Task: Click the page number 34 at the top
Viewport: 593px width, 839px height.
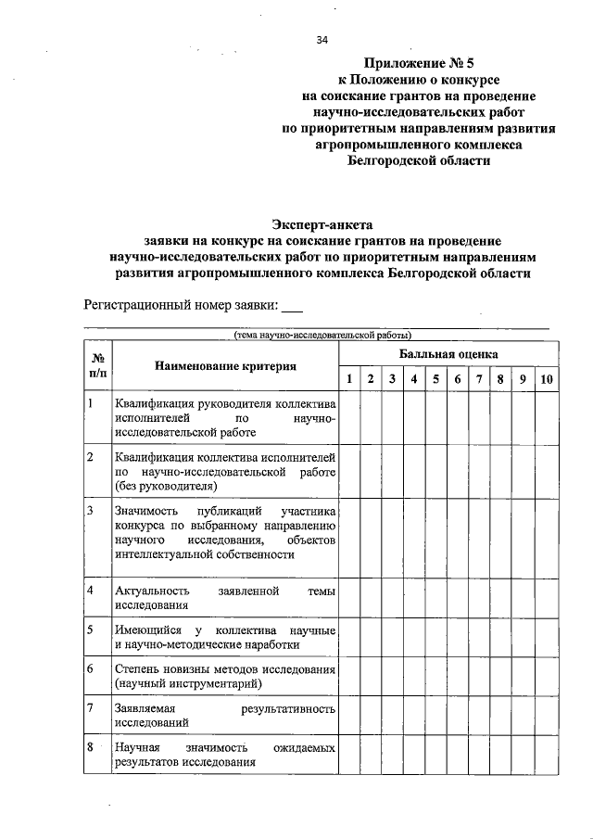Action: click(x=322, y=40)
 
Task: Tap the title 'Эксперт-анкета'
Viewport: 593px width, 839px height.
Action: click(x=322, y=223)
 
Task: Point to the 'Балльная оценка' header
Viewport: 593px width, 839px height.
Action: click(x=448, y=354)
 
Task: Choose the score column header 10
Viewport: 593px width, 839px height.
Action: click(x=547, y=378)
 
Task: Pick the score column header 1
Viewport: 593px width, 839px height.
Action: click(x=348, y=378)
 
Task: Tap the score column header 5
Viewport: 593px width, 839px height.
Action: click(x=435, y=378)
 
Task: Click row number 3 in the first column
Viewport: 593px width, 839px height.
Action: click(x=91, y=511)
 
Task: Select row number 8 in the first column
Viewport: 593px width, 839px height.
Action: click(x=91, y=747)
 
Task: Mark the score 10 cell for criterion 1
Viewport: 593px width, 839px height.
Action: click(x=547, y=417)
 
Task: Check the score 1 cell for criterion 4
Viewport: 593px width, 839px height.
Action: click(x=348, y=598)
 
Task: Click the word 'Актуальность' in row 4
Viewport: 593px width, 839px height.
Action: click(x=153, y=591)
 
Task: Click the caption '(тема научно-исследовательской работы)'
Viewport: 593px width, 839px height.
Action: click(x=322, y=335)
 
